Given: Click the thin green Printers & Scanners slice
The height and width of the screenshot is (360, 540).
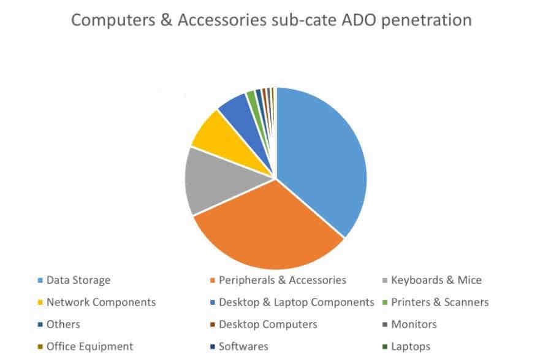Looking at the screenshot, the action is (253, 100).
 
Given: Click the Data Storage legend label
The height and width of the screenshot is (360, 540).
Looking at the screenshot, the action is (78, 280).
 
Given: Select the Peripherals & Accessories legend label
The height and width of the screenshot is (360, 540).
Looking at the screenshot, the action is (283, 280).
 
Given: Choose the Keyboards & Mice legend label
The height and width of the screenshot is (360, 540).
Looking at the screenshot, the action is (436, 280).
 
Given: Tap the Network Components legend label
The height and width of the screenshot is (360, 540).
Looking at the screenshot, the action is (101, 302).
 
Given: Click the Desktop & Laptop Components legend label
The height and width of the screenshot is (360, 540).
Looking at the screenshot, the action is (297, 302).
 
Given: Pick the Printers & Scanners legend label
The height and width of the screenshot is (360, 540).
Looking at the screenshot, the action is (440, 302).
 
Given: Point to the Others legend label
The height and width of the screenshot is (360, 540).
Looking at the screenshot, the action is (63, 324).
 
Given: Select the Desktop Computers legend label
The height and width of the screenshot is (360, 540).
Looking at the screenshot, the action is (268, 324).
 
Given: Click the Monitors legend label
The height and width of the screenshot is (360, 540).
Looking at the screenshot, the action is (414, 324).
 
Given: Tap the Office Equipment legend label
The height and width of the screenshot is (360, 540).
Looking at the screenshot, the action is (89, 347).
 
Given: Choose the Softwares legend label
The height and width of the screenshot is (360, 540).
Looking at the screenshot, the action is (243, 347).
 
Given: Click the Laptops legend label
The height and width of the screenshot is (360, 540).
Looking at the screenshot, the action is (411, 347).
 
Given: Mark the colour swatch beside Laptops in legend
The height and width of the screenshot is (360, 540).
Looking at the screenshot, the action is (385, 347).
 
